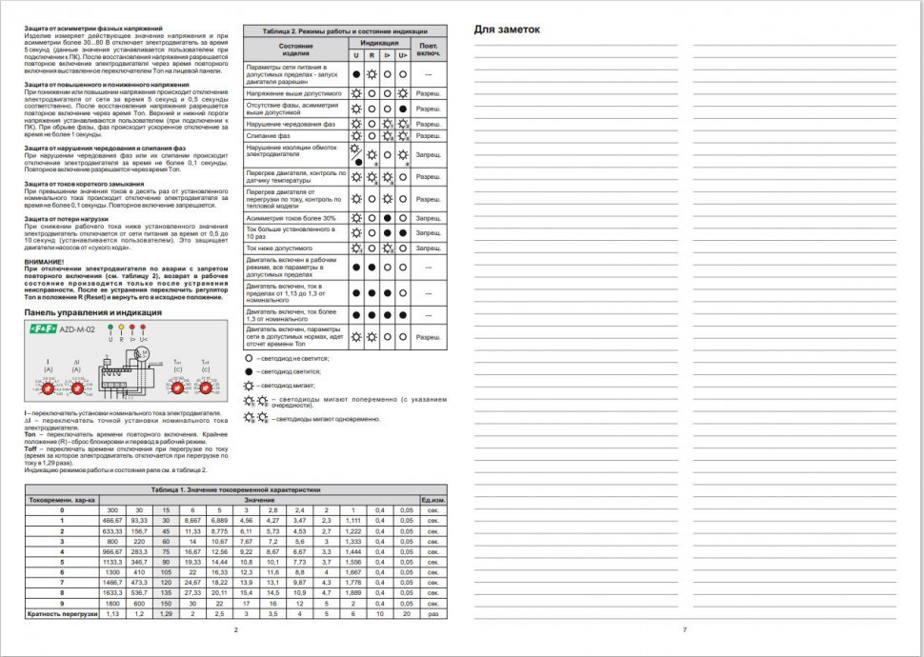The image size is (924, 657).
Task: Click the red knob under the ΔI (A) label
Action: point(76,388)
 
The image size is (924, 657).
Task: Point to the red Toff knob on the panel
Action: point(205,388)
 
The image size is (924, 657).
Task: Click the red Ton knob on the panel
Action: point(176,388)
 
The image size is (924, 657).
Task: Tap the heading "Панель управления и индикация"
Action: point(86,311)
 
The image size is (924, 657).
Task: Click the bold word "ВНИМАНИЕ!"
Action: point(45,262)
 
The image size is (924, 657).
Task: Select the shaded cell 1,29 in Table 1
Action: point(166,614)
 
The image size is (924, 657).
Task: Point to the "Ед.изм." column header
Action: point(433,500)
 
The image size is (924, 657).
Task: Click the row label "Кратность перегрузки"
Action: point(61,614)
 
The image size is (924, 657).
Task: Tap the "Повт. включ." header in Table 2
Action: point(430,49)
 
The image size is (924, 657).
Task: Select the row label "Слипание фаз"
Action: point(269,136)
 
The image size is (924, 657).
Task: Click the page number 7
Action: point(684,630)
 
